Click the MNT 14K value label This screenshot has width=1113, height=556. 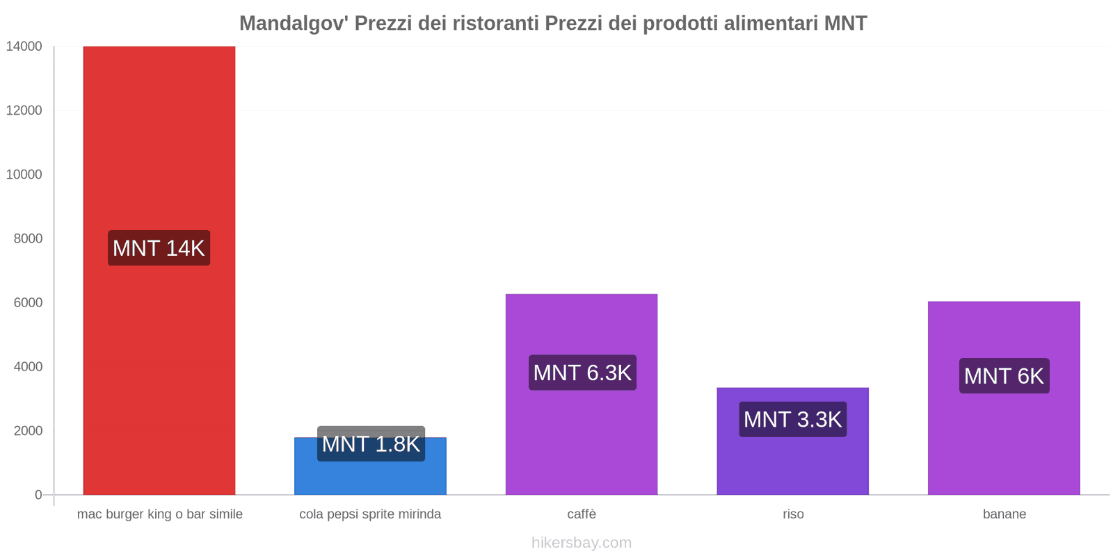tap(159, 248)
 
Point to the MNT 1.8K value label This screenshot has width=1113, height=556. tap(371, 443)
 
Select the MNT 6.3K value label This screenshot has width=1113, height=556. tap(582, 373)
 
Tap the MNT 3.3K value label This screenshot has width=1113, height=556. tap(793, 419)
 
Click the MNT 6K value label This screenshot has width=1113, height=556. tap(1004, 376)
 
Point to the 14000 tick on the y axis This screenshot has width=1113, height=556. tap(24, 47)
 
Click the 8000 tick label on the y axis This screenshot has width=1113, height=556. tap(28, 238)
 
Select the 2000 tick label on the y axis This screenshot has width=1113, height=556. tap(28, 431)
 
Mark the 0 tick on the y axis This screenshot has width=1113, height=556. tap(38, 495)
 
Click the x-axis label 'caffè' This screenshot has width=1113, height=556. tap(582, 514)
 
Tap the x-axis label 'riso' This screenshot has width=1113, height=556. tap(793, 514)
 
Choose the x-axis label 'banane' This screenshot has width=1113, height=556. tap(1004, 514)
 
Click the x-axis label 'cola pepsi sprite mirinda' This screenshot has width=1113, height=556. tap(370, 514)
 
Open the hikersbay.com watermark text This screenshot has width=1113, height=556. tap(582, 543)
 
